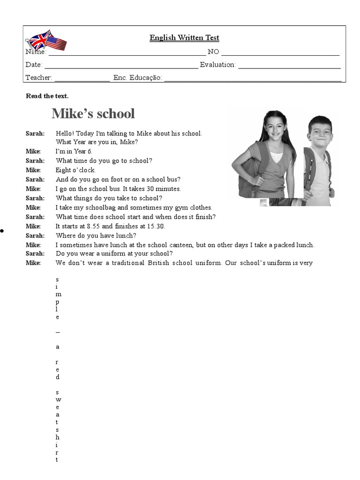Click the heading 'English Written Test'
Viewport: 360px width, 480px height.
184,37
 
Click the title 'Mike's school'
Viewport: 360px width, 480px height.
93,113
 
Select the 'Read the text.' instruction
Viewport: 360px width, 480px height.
47,96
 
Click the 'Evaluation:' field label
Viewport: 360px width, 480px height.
218,65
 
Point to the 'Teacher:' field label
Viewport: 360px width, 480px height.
38,78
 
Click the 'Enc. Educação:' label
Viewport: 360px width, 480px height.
137,78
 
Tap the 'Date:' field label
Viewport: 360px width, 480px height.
34,65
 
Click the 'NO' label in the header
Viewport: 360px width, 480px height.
213,52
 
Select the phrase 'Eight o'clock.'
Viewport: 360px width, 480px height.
75,170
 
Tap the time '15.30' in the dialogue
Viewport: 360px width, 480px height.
157,226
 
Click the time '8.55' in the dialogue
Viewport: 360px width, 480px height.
95,226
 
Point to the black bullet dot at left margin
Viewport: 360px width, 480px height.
2,231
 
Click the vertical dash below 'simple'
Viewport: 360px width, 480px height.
58,332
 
